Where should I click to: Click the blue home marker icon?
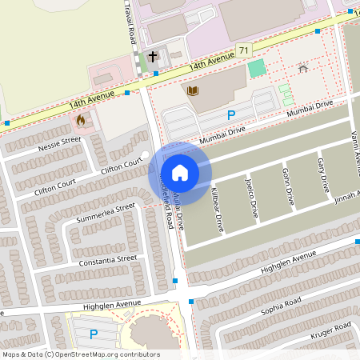click(x=180, y=173)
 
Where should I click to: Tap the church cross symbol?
click(x=153, y=57)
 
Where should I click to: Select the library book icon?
click(x=192, y=90)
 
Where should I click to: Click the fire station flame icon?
click(x=81, y=121)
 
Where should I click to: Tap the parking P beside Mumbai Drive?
click(x=231, y=115)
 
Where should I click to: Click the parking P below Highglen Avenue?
click(x=93, y=334)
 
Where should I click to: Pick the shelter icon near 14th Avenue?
click(x=302, y=69)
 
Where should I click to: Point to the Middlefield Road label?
click(x=167, y=200)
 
